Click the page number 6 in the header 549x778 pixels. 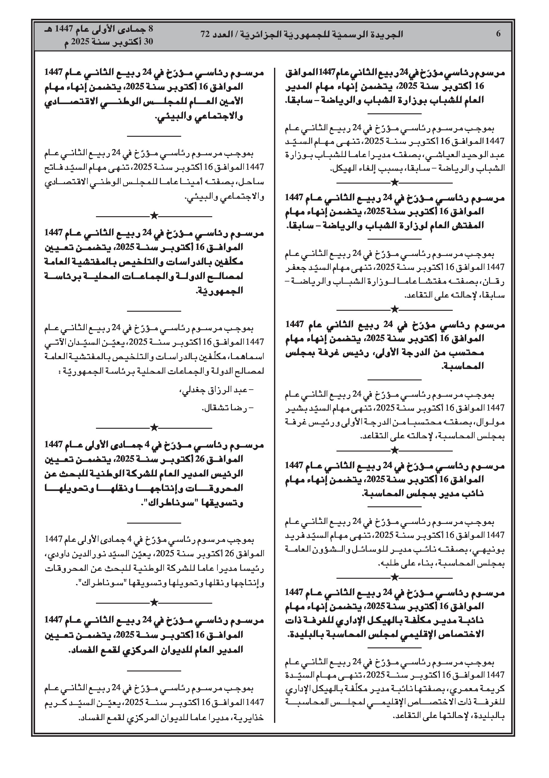pyautogui.click(x=498, y=34)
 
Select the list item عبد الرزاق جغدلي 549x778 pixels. pyautogui.click(x=217, y=391)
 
